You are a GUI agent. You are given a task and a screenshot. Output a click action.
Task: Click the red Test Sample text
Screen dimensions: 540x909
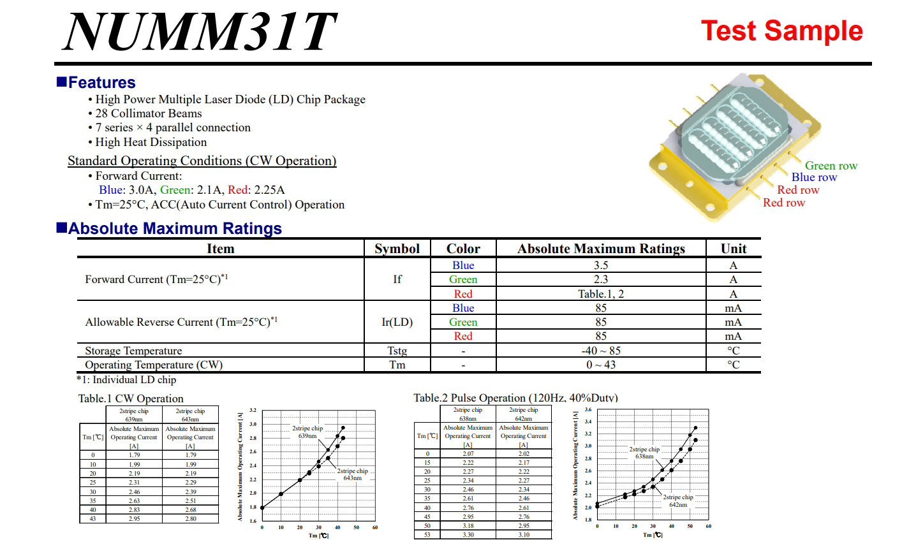(781, 31)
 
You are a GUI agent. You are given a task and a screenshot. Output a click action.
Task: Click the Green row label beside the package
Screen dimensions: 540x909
(831, 166)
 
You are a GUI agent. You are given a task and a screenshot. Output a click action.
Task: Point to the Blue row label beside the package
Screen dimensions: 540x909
(814, 177)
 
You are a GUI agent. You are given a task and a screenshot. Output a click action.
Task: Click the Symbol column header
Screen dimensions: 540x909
(397, 249)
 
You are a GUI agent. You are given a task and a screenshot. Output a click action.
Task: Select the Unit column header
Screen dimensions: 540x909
(733, 249)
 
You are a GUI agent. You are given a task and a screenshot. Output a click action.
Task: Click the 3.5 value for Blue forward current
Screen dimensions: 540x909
(600, 265)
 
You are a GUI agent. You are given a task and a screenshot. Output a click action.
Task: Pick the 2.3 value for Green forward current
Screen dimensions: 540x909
(600, 279)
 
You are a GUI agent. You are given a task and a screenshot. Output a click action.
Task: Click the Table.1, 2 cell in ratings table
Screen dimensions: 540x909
(600, 294)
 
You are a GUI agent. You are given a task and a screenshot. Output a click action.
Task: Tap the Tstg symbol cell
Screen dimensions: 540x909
(397, 351)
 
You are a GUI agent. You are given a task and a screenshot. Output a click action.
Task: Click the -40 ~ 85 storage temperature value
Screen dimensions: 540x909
(600, 351)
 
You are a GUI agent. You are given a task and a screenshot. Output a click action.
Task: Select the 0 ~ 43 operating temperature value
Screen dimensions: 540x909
(600, 365)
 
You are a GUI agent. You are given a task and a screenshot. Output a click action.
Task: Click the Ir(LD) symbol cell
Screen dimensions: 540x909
(397, 322)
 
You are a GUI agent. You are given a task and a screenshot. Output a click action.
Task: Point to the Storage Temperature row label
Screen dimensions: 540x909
(133, 351)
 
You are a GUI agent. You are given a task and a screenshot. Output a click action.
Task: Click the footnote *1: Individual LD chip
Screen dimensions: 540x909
(126, 379)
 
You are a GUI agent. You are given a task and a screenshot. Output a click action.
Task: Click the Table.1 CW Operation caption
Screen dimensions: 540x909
(131, 398)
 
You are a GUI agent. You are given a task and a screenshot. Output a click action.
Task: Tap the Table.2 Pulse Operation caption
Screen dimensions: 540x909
(515, 398)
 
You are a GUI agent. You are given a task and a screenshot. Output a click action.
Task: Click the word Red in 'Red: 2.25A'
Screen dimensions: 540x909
(237, 190)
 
